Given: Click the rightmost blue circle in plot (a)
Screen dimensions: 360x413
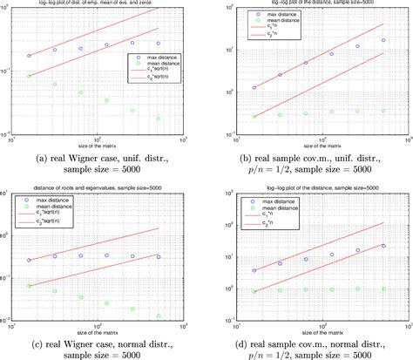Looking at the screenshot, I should (158, 43).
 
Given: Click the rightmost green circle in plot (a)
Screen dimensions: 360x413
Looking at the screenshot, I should (158, 119).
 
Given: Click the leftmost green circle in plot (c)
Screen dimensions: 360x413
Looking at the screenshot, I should (29, 286).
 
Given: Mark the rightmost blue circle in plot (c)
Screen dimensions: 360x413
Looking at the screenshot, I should (158, 256).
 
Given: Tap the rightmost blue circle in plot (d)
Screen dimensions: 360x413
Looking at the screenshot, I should (383, 246).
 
